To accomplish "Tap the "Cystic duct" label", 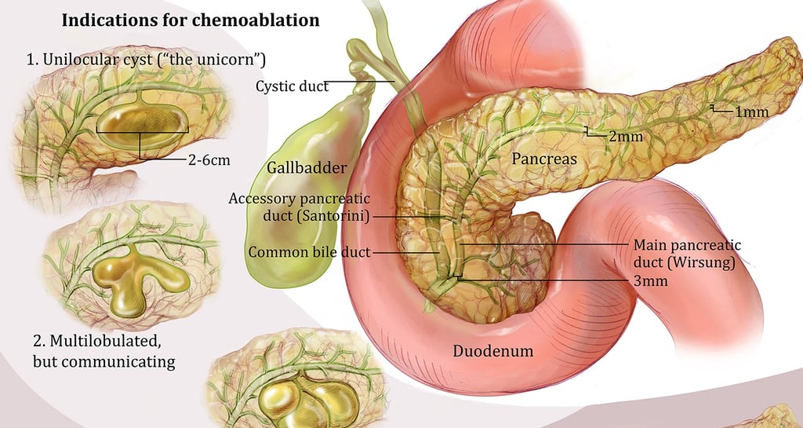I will tap(292, 86).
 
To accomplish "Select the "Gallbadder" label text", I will tap(307, 167).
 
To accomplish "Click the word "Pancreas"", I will tap(544, 159).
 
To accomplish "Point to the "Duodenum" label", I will tap(493, 351).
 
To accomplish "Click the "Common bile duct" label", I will tap(309, 253).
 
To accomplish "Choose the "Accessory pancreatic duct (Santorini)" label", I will tap(299, 207).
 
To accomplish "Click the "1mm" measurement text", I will tap(751, 112).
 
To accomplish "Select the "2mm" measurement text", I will tap(625, 136).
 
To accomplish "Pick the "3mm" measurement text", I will tap(649, 280).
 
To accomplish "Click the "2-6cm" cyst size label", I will tap(209, 160).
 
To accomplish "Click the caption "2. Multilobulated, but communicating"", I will tap(104, 351).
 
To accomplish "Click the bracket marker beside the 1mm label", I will tap(713, 109).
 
